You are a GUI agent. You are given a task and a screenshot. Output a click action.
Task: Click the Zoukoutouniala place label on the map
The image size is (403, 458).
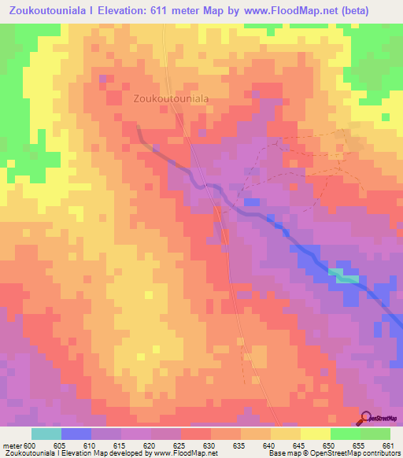(x=171, y=99)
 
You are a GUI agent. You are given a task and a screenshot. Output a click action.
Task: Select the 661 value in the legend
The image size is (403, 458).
(x=387, y=445)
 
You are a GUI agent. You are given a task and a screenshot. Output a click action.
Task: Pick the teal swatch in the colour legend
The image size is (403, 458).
(x=46, y=434)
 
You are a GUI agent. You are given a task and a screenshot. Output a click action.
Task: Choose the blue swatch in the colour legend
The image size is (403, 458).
(x=76, y=434)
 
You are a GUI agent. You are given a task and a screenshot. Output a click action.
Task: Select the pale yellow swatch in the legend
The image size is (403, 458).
(x=315, y=434)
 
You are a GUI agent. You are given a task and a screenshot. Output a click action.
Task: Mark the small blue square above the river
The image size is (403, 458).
(x=251, y=202)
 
